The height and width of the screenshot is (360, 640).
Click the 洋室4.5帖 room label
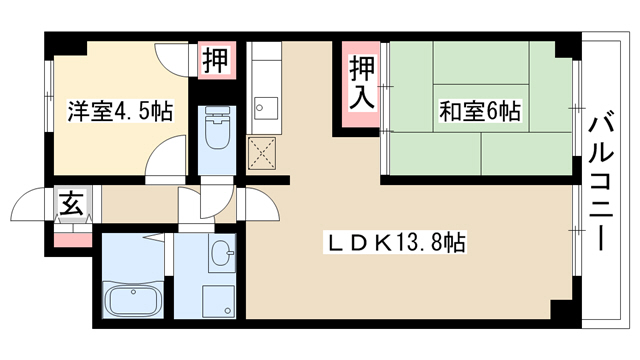tap(120, 111)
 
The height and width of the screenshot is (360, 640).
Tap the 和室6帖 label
tap(480, 111)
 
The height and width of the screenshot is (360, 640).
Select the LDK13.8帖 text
tap(395, 243)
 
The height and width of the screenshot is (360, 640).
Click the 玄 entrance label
tap(72, 203)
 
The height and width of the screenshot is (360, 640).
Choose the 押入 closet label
tap(361, 83)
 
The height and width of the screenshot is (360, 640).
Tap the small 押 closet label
tap(216, 60)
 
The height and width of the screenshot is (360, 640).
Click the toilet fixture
tap(217, 128)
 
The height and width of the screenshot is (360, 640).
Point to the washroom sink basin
tap(222, 253)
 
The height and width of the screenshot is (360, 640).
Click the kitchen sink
tap(266, 108)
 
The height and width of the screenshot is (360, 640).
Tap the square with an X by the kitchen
tap(262, 153)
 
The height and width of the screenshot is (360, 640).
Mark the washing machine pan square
tap(219, 301)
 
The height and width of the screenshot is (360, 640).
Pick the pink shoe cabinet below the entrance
tap(73, 240)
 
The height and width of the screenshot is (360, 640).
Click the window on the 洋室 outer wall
tap(49, 96)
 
